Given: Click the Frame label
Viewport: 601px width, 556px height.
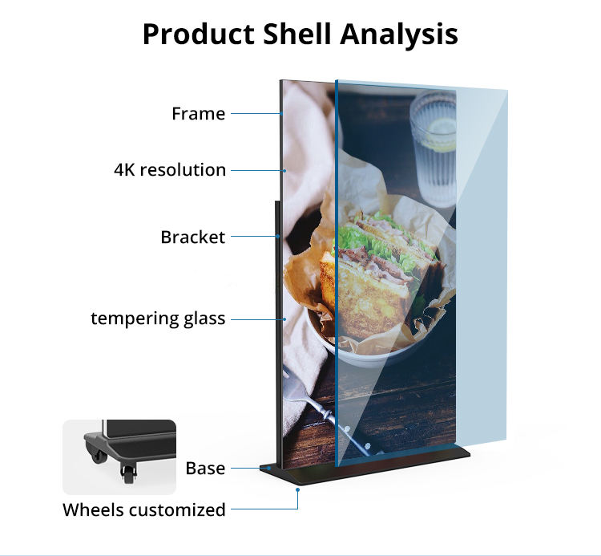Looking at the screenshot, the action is click(198, 114).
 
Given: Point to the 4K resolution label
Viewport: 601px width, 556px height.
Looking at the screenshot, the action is click(169, 170).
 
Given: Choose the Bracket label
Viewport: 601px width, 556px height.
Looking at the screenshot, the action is click(192, 237).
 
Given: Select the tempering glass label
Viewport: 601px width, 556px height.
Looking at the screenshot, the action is click(158, 319).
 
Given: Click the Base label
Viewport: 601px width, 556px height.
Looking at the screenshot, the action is click(205, 469).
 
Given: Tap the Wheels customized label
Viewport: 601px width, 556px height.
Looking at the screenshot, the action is click(144, 509).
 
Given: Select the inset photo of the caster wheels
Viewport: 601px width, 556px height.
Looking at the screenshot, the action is click(119, 456).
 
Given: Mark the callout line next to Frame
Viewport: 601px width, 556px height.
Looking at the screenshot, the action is click(255, 114).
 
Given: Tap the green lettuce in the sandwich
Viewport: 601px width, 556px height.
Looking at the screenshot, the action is click(353, 237).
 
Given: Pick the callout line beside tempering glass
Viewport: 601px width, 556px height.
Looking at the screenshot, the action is click(256, 319).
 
